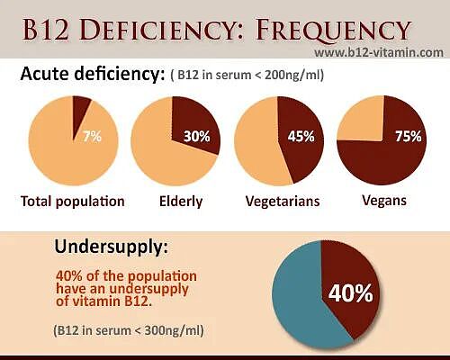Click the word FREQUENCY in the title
pyautogui.click(x=333, y=31)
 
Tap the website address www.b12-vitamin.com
pyautogui.click(x=379, y=52)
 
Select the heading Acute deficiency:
pyautogui.click(x=93, y=73)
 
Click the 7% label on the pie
pyautogui.click(x=93, y=137)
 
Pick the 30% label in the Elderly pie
pyautogui.click(x=197, y=137)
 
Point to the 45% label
pyautogui.click(x=301, y=137)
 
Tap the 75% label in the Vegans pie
pyautogui.click(x=408, y=137)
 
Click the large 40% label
pyautogui.click(x=351, y=293)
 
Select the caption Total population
pyautogui.click(x=73, y=202)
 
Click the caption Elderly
pyautogui.click(x=181, y=202)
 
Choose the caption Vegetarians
pyautogui.click(x=283, y=202)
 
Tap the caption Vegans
pyautogui.click(x=384, y=201)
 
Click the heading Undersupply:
pyautogui.click(x=112, y=247)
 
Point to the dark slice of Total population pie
pyautogui.click(x=79, y=112)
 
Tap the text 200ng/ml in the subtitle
pyautogui.click(x=294, y=75)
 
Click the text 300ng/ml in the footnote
pyautogui.click(x=174, y=330)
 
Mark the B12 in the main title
pyautogui.click(x=46, y=31)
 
